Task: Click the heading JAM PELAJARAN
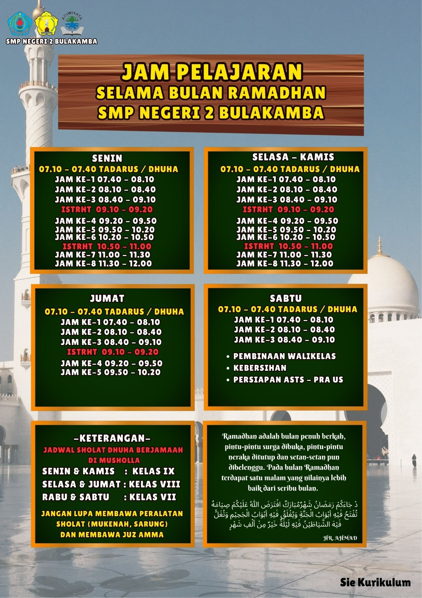pyautogui.click(x=212, y=72)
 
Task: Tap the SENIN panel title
pyautogui.click(x=107, y=158)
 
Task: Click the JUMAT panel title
pyautogui.click(x=107, y=298)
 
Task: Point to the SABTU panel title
pyautogui.click(x=286, y=298)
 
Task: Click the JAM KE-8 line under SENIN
pyautogui.click(x=103, y=263)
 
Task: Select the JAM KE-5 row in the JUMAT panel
pyautogui.click(x=110, y=372)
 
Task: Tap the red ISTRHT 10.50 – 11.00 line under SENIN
pyautogui.click(x=107, y=246)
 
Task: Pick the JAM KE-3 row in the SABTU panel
pyautogui.click(x=284, y=340)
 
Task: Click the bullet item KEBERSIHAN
pyautogui.click(x=260, y=368)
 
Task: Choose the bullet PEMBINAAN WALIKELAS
pyautogui.click(x=284, y=356)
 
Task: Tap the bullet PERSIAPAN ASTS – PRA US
pyautogui.click(x=288, y=380)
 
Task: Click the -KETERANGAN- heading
pyautogui.click(x=112, y=438)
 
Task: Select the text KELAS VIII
pyautogui.click(x=154, y=484)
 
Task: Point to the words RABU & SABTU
pyautogui.click(x=76, y=497)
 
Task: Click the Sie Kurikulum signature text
pyautogui.click(x=375, y=582)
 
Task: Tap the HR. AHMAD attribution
pyautogui.click(x=340, y=538)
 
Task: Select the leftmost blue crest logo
pyautogui.click(x=18, y=24)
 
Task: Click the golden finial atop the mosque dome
pyautogui.click(x=380, y=247)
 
